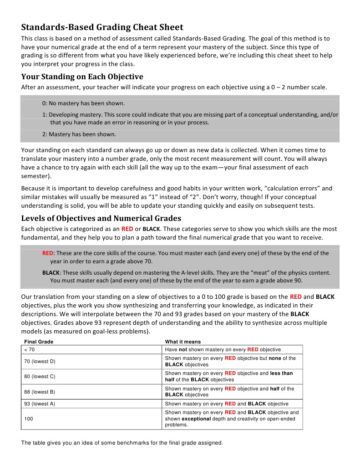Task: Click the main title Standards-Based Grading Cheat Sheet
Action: (x=102, y=27)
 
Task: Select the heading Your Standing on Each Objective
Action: (x=82, y=77)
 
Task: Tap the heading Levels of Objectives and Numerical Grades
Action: (x=101, y=218)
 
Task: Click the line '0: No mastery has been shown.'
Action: (x=83, y=103)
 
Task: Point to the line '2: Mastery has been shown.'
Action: (x=79, y=134)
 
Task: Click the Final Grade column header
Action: (x=39, y=342)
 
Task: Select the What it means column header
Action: (x=183, y=342)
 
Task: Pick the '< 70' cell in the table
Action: (x=29, y=349)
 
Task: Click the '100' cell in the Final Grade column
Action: (x=28, y=418)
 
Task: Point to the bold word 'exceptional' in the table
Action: (x=197, y=419)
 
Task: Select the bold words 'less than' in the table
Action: (x=281, y=374)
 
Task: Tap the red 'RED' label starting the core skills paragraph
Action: (x=48, y=253)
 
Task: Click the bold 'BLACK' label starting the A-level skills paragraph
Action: (x=51, y=273)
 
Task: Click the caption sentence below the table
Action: (x=122, y=442)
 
